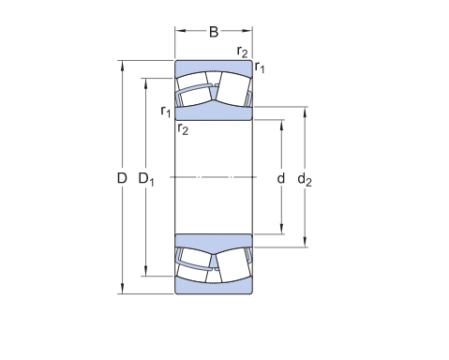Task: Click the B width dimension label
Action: (x=214, y=32)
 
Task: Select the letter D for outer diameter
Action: (x=122, y=178)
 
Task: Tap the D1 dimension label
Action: (x=146, y=179)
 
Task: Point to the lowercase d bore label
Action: (x=281, y=178)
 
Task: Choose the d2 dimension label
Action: (x=305, y=180)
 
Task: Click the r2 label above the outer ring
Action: (x=242, y=52)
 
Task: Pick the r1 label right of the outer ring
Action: (x=260, y=67)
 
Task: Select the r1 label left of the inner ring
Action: (x=166, y=112)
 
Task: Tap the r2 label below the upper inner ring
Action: (x=183, y=128)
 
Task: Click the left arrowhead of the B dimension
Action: (x=180, y=31)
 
